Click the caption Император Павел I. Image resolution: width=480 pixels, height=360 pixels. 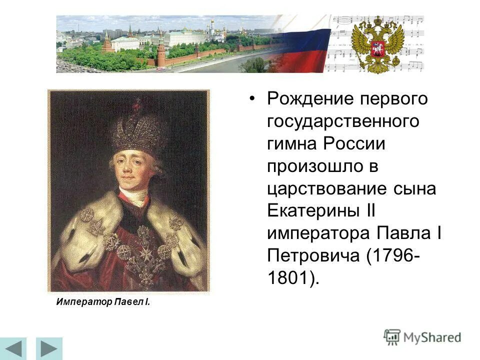click(x=103, y=302)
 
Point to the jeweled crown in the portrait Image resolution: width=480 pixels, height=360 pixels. click(x=138, y=127)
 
